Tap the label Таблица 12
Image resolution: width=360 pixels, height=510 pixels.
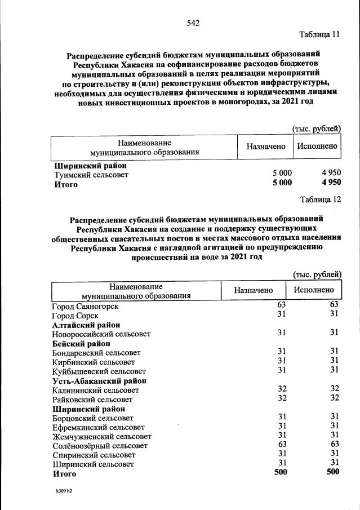point(320,199)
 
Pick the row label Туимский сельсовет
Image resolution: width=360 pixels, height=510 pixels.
point(91,175)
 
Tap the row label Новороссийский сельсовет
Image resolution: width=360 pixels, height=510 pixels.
point(101,334)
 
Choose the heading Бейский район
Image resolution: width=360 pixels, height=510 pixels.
point(81,343)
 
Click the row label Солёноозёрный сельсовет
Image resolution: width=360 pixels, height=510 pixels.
point(100,446)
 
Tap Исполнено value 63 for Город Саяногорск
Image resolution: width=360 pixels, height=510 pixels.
point(334,304)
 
